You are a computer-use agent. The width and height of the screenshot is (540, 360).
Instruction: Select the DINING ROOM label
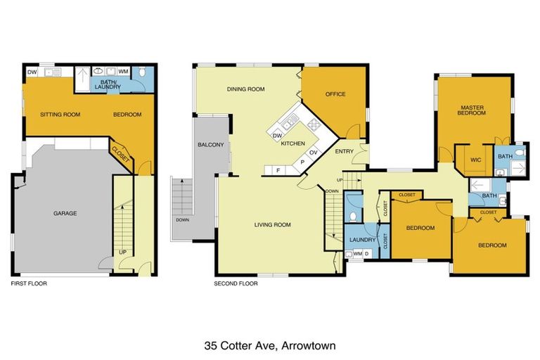click(x=245, y=89)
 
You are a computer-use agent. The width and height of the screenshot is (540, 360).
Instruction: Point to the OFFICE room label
click(x=335, y=94)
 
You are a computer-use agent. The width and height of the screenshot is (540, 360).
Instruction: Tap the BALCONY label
click(x=211, y=146)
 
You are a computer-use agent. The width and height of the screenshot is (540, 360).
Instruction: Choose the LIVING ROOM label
click(x=273, y=225)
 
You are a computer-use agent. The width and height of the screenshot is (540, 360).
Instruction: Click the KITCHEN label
click(x=292, y=143)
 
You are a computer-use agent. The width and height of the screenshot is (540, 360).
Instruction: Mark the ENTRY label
click(x=345, y=152)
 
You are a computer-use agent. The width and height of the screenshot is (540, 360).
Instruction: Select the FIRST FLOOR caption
click(x=29, y=284)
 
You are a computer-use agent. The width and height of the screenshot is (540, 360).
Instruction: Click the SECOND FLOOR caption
click(x=236, y=284)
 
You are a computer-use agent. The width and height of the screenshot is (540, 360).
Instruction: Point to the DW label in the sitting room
click(x=32, y=72)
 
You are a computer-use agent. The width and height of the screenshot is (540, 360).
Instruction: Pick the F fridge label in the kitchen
click(x=278, y=169)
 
